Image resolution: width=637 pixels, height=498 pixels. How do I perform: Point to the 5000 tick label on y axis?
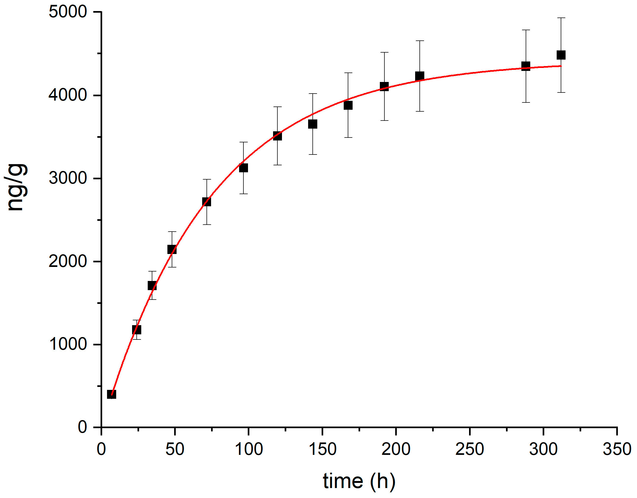point(68,12)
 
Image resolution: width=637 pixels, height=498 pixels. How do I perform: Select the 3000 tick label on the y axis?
point(68,178)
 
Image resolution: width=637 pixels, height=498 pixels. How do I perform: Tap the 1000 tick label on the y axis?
point(68,344)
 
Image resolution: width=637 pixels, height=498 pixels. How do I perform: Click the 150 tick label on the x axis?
point(322,449)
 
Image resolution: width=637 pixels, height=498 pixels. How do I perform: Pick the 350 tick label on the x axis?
point(617,449)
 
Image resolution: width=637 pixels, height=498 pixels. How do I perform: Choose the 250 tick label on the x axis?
point(470,449)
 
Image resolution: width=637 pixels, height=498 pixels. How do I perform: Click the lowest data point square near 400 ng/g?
point(112,394)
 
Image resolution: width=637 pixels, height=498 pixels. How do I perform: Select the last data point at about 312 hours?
point(561,55)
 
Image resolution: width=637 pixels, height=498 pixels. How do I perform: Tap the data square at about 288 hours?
point(526,66)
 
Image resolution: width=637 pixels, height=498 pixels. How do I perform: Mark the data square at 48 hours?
point(172,249)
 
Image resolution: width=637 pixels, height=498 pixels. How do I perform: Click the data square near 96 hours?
point(243,168)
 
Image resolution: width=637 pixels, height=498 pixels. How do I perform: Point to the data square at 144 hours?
point(313,124)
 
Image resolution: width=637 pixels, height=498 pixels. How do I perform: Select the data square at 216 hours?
point(419,76)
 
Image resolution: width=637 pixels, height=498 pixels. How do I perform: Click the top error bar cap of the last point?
point(561,18)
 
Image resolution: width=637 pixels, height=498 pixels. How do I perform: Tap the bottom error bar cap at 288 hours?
point(526,102)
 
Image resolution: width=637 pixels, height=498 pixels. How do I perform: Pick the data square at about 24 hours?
point(136,330)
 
